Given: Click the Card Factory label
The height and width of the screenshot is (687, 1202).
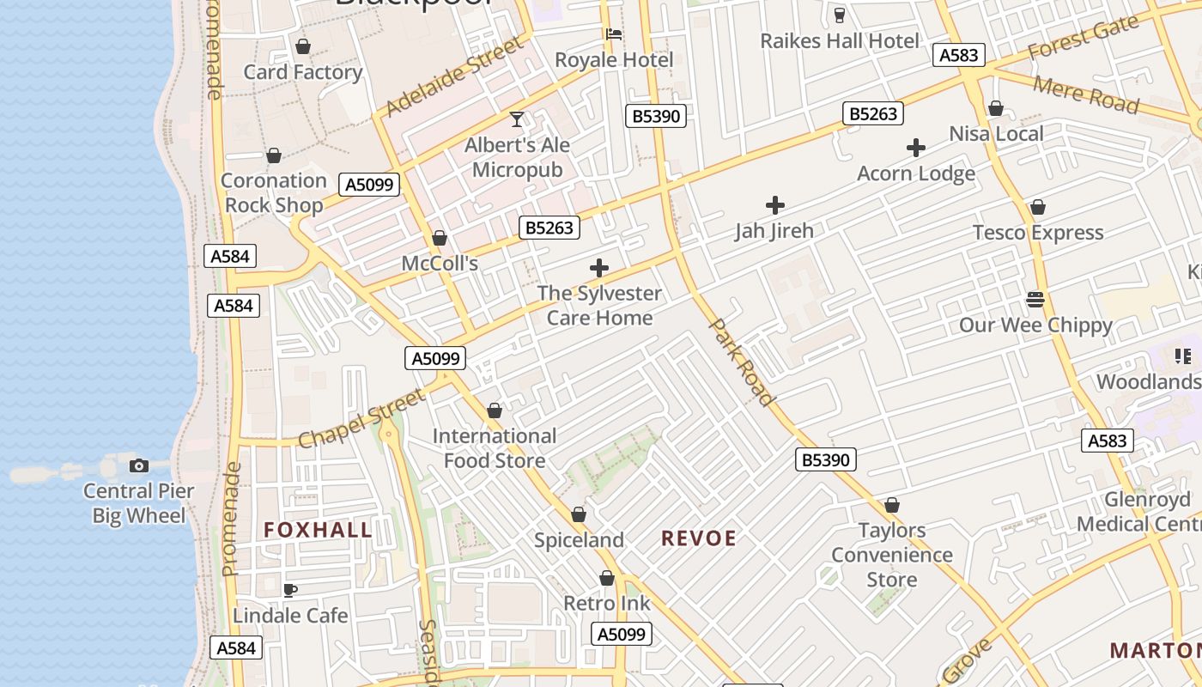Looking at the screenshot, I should pyautogui.click(x=302, y=72).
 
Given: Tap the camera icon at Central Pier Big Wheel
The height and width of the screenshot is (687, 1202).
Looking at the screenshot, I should pyautogui.click(x=138, y=465).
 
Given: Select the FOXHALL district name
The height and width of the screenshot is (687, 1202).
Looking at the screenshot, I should pyautogui.click(x=318, y=530).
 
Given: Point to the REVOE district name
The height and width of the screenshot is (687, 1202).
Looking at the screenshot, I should pyautogui.click(x=699, y=538).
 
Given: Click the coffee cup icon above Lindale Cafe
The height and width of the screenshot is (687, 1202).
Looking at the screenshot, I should pyautogui.click(x=290, y=590).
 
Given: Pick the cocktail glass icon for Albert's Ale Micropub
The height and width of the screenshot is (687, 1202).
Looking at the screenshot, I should pyautogui.click(x=517, y=119).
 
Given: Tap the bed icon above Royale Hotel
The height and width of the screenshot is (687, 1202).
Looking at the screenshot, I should pyautogui.click(x=614, y=34).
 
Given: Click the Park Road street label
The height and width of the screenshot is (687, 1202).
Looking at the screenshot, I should pyautogui.click(x=742, y=362).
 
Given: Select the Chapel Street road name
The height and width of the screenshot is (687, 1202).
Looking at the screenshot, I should pyautogui.click(x=361, y=418).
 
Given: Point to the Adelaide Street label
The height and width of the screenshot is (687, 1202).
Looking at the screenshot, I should pyautogui.click(x=453, y=76).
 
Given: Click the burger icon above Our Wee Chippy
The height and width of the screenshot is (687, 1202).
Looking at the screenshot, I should pyautogui.click(x=1035, y=300).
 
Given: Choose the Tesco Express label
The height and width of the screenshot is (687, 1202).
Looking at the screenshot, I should pyautogui.click(x=1037, y=233).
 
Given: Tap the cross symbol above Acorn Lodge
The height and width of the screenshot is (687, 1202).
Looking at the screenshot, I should pyautogui.click(x=916, y=148).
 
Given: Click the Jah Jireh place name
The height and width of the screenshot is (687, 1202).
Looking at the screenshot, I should pyautogui.click(x=774, y=231).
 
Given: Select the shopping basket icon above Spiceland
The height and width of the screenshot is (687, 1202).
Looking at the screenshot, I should pyautogui.click(x=579, y=514).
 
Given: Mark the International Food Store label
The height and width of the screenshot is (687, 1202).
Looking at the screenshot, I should pyautogui.click(x=495, y=448).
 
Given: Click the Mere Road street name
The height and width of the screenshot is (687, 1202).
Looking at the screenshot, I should pyautogui.click(x=1086, y=94).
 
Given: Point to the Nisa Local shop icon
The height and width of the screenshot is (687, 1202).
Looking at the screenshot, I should pyautogui.click(x=996, y=108).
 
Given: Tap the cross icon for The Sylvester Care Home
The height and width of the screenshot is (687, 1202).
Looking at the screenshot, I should pyautogui.click(x=599, y=268).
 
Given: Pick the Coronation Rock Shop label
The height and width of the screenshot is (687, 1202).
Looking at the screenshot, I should pyautogui.click(x=274, y=192).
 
